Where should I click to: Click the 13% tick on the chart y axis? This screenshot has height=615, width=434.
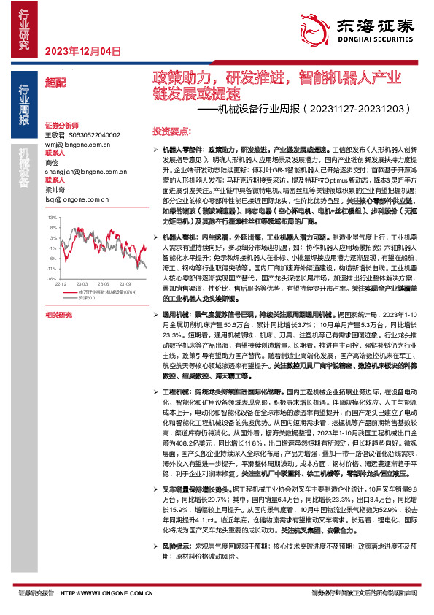coord(51,218)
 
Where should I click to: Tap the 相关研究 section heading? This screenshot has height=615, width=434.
coord(58,315)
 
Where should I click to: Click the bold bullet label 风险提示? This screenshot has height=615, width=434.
coord(175,546)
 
